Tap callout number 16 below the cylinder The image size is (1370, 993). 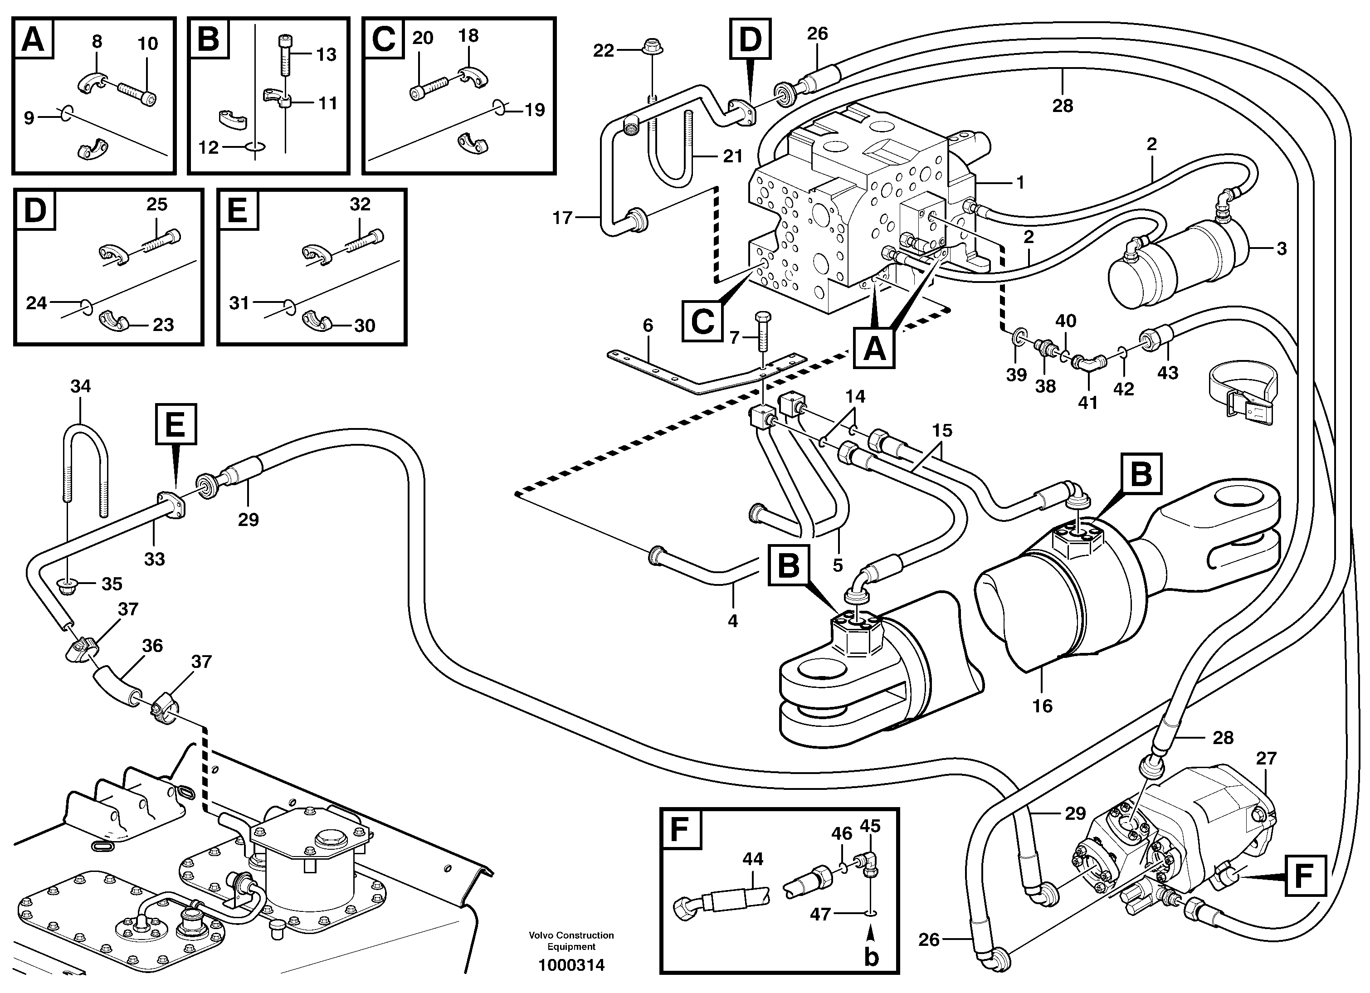(x=1042, y=706)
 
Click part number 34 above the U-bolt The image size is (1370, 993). (x=80, y=386)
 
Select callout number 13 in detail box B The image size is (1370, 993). (x=326, y=55)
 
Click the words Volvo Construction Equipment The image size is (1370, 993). (x=571, y=941)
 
